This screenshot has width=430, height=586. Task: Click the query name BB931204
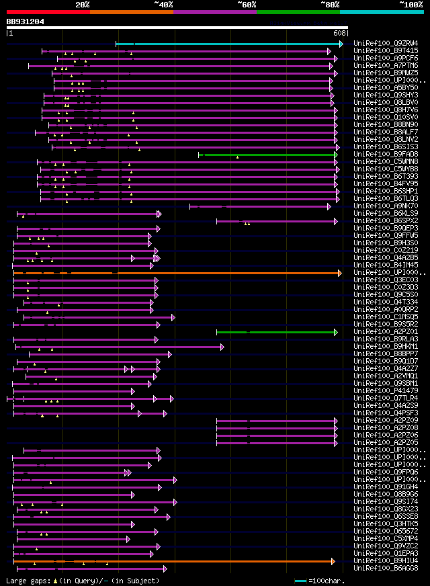point(26,22)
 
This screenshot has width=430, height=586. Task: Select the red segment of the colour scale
point(48,11)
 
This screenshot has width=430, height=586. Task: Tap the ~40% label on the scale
point(163,5)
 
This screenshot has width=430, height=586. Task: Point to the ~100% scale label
point(411,5)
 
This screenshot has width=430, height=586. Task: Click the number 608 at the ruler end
point(339,32)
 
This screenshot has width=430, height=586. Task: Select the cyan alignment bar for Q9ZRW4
point(228,44)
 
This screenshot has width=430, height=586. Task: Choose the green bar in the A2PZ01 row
point(276,332)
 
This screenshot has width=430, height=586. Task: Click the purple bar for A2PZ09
point(276,421)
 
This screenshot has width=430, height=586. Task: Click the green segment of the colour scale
point(298,11)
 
